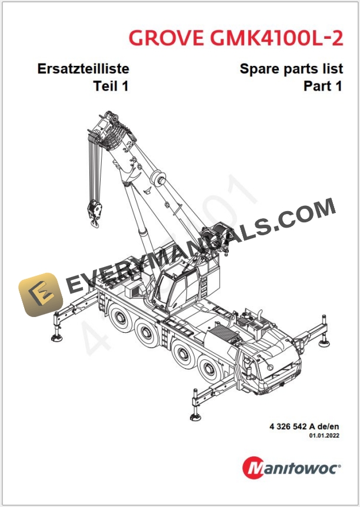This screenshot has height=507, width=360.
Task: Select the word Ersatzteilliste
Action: click(83, 69)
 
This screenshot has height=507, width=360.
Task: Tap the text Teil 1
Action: click(111, 86)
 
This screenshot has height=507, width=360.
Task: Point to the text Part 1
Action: click(322, 86)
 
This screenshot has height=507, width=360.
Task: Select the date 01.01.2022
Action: click(325, 436)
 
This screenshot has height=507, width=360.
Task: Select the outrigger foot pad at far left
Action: click(59, 336)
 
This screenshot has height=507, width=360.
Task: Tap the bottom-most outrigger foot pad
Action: click(195, 416)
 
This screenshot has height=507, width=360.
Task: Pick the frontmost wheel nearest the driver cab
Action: click(209, 371)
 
